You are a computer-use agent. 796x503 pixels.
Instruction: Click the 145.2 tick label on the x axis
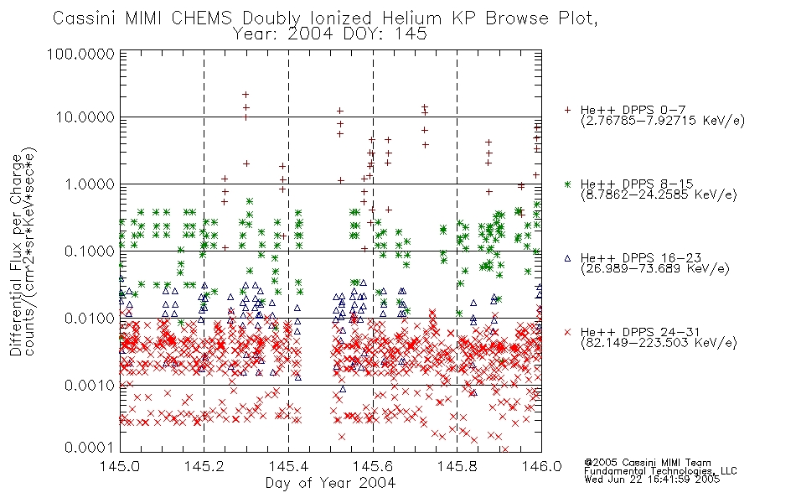click(x=204, y=466)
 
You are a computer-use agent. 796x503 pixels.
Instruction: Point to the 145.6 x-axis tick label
click(x=373, y=466)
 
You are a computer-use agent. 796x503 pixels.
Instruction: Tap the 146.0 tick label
click(x=541, y=466)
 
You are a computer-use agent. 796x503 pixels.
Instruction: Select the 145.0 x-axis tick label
click(x=120, y=466)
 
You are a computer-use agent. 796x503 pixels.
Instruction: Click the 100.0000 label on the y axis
click(x=81, y=54)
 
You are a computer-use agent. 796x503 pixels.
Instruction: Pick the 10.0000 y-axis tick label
click(x=85, y=117)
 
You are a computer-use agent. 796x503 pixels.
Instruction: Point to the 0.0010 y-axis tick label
click(x=90, y=386)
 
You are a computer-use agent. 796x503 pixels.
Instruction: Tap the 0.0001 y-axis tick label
click(x=90, y=448)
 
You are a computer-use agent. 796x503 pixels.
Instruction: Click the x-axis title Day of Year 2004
click(x=330, y=483)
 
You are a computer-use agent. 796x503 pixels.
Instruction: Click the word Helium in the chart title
click(x=411, y=18)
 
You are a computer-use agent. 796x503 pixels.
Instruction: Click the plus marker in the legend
click(x=568, y=110)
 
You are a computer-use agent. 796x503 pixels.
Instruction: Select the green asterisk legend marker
click(x=568, y=184)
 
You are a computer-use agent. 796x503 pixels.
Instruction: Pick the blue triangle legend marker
click(x=568, y=258)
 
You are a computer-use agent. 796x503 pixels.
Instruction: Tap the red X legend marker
click(x=568, y=332)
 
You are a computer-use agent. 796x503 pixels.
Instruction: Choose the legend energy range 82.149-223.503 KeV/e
click(x=659, y=343)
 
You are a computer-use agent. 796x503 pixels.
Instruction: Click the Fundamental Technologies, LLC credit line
click(x=660, y=471)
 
